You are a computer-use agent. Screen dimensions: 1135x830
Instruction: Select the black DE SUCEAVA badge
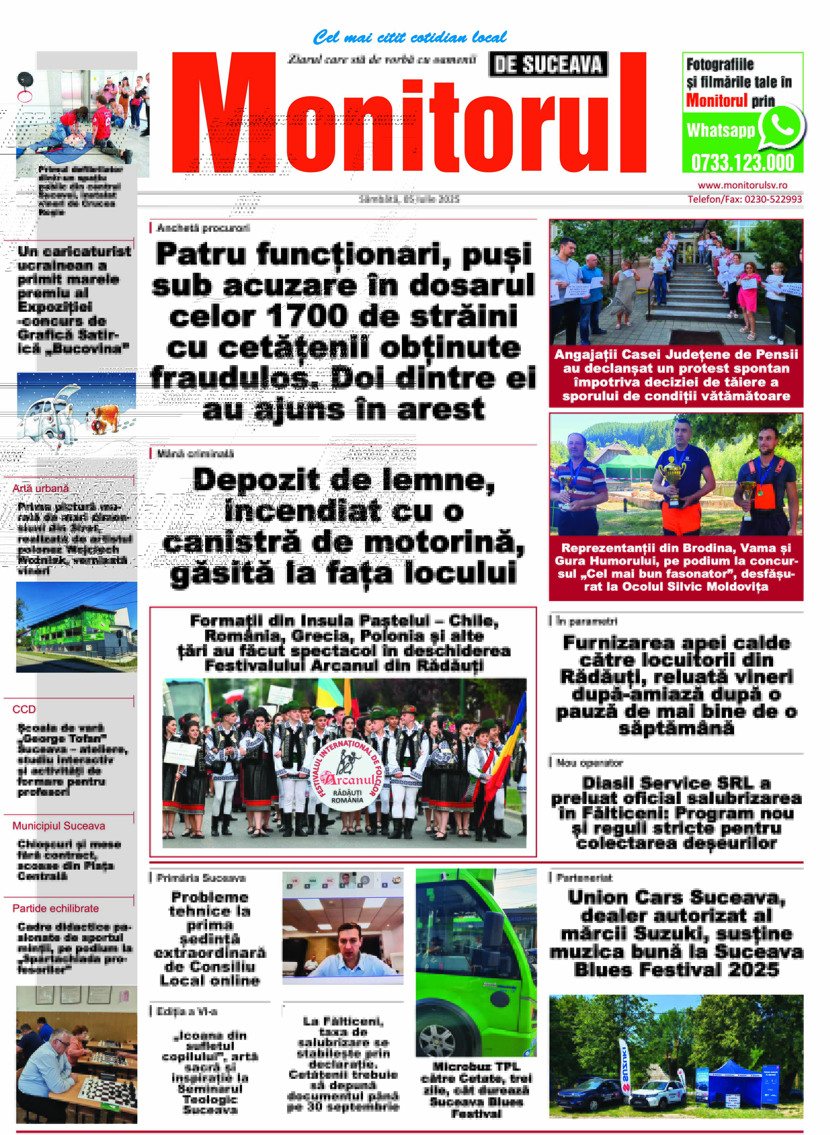(548, 65)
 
